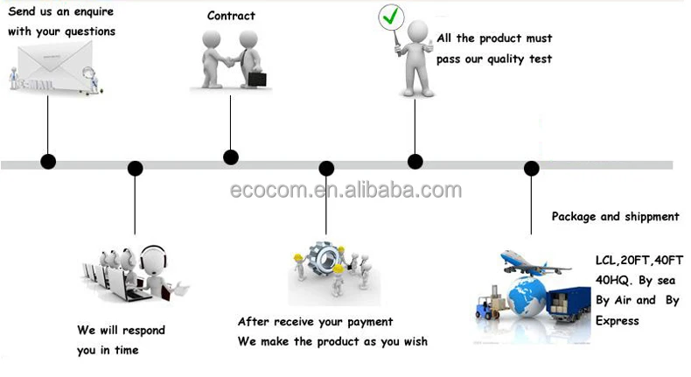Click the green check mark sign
click(x=391, y=17)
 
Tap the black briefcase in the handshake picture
click(x=257, y=80)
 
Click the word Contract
click(x=231, y=16)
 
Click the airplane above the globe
click(x=534, y=262)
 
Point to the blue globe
click(x=527, y=297)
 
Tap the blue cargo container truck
click(x=569, y=304)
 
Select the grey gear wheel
click(x=325, y=260)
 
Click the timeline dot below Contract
click(x=231, y=157)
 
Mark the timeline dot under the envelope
click(x=48, y=161)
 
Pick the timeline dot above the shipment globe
click(x=532, y=168)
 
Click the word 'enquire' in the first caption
click(x=94, y=12)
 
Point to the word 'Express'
click(x=617, y=321)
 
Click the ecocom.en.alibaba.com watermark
click(x=346, y=190)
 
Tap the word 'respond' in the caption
click(x=143, y=331)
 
